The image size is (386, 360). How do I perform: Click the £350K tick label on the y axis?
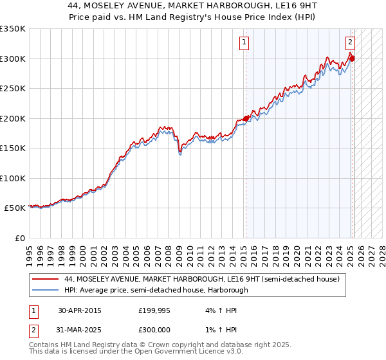[x=12, y=29]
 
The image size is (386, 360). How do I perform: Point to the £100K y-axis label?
[x=12, y=178]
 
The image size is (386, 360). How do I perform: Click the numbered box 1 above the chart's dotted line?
[x=245, y=43]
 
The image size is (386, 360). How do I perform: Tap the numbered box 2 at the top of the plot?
[x=351, y=43]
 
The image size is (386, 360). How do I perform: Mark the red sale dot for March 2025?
[x=352, y=59]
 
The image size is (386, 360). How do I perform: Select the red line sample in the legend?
[x=46, y=279]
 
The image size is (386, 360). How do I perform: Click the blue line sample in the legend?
[x=46, y=290]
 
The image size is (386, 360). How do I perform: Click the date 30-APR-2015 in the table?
[x=79, y=310]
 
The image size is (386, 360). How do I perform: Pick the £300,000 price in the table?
[x=155, y=328]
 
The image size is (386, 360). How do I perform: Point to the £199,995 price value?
[x=155, y=310]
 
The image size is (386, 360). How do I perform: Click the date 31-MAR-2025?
[x=79, y=328]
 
